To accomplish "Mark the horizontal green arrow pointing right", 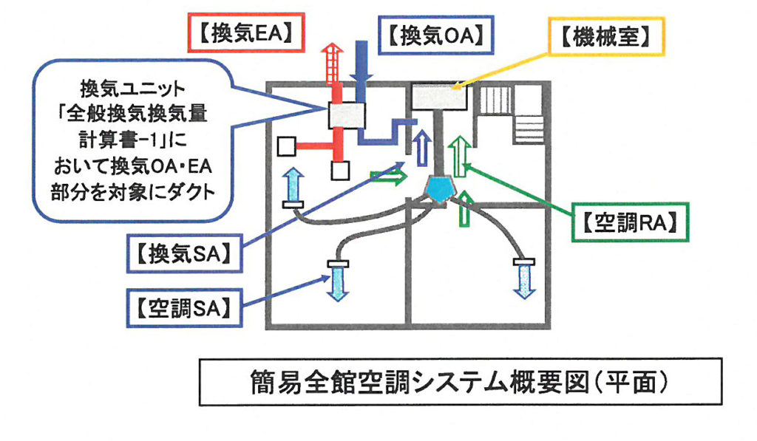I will pos(388,177).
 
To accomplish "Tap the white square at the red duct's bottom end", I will pos(339,171).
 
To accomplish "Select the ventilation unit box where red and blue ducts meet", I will pos(347,115).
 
